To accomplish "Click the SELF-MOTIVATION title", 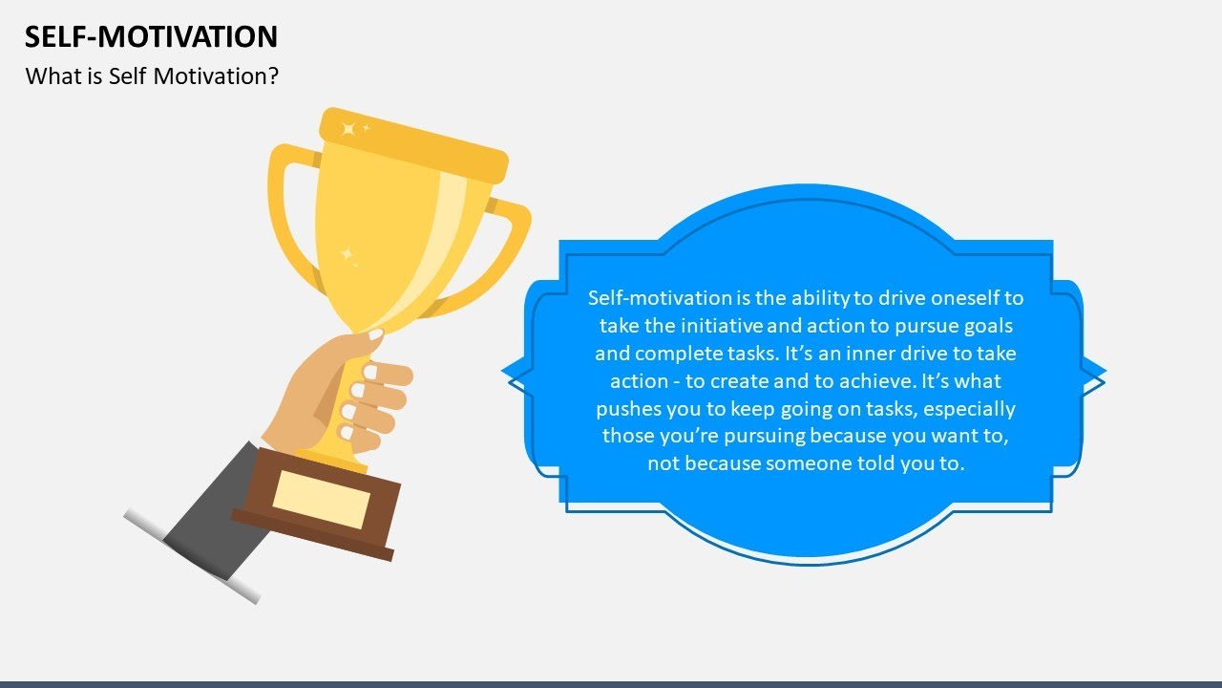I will (151, 36).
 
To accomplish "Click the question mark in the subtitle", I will (272, 75).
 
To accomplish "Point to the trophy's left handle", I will (286, 220).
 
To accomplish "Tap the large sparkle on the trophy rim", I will (349, 128).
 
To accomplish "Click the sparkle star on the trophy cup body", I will (348, 256).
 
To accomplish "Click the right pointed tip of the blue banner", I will (1103, 372).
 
